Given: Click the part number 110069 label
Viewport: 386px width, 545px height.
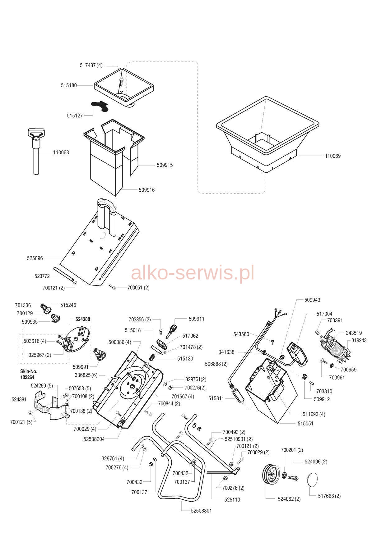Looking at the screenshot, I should point(333,156).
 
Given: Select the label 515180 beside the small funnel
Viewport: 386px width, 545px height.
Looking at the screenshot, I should point(69,85).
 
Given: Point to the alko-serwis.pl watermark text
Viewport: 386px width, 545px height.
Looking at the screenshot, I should point(193,273).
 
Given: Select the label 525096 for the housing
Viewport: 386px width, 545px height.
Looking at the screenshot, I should point(35,258).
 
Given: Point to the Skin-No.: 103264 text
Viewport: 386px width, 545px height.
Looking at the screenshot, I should point(29,374).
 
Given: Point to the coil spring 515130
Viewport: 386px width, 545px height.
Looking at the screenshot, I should point(152,357).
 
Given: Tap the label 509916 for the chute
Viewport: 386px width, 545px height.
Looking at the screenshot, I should point(146,190).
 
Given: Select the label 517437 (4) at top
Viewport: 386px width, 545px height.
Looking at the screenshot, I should point(91,65).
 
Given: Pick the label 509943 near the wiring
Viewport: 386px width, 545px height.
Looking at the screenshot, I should point(312,300).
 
